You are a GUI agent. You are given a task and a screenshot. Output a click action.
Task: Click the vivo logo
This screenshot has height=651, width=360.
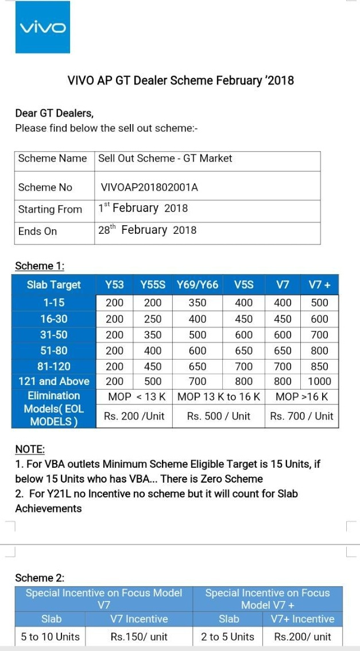click(43, 27)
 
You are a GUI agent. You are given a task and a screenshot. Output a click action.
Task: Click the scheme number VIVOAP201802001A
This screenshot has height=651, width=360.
click(149, 187)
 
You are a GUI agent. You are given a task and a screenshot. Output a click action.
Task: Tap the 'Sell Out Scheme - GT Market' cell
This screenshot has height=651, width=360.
click(165, 159)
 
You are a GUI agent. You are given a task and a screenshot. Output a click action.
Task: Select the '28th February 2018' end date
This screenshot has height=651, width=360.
click(147, 230)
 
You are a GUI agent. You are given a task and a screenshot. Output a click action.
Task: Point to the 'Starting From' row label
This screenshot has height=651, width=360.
click(50, 209)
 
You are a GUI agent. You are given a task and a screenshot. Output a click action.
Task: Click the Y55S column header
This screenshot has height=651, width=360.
click(153, 284)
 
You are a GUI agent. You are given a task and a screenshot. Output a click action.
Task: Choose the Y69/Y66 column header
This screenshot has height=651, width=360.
click(198, 284)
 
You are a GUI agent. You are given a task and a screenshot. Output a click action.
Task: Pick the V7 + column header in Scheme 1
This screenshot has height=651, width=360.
click(319, 284)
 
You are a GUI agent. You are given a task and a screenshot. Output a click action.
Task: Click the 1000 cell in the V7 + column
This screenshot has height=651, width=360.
click(319, 381)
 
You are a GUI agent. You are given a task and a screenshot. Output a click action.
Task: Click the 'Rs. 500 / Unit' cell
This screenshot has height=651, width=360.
click(219, 416)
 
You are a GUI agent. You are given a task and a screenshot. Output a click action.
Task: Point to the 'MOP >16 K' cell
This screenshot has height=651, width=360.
click(301, 396)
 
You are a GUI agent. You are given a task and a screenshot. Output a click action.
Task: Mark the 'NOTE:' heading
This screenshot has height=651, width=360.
click(30, 449)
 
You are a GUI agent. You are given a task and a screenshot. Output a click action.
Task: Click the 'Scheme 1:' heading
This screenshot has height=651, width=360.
click(40, 266)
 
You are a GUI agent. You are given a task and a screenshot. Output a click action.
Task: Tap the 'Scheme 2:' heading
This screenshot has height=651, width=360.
click(40, 577)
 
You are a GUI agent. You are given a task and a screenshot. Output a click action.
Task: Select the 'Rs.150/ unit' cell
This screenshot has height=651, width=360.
click(139, 636)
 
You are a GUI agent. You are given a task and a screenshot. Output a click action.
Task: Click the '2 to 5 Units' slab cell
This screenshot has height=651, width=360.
click(227, 636)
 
